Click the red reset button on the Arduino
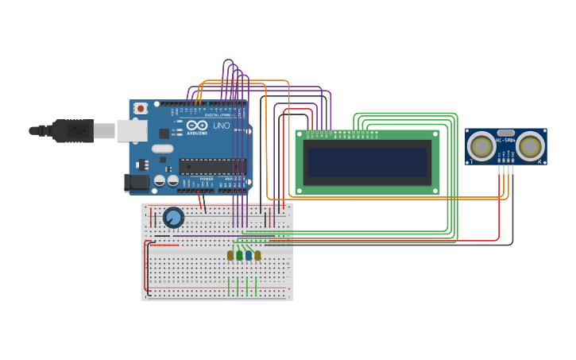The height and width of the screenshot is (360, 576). [141, 108]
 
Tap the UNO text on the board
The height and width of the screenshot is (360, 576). [221, 126]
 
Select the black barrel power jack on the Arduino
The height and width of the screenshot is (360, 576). [137, 182]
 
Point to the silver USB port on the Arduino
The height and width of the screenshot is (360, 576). [132, 130]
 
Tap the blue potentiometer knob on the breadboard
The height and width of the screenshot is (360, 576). [173, 217]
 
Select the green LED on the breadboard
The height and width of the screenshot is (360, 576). [239, 255]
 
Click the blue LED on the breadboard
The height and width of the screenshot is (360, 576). [249, 255]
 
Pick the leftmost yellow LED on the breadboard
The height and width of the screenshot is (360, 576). [230, 255]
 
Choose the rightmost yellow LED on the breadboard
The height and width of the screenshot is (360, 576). [257, 255]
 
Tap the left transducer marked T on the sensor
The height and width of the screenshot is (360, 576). [481, 146]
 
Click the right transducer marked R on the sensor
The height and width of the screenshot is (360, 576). [530, 146]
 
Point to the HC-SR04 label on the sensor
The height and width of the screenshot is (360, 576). [505, 141]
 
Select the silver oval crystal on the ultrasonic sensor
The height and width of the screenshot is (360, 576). [505, 133]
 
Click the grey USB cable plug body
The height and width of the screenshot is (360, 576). [74, 130]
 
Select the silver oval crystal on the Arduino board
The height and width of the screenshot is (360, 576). [162, 149]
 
